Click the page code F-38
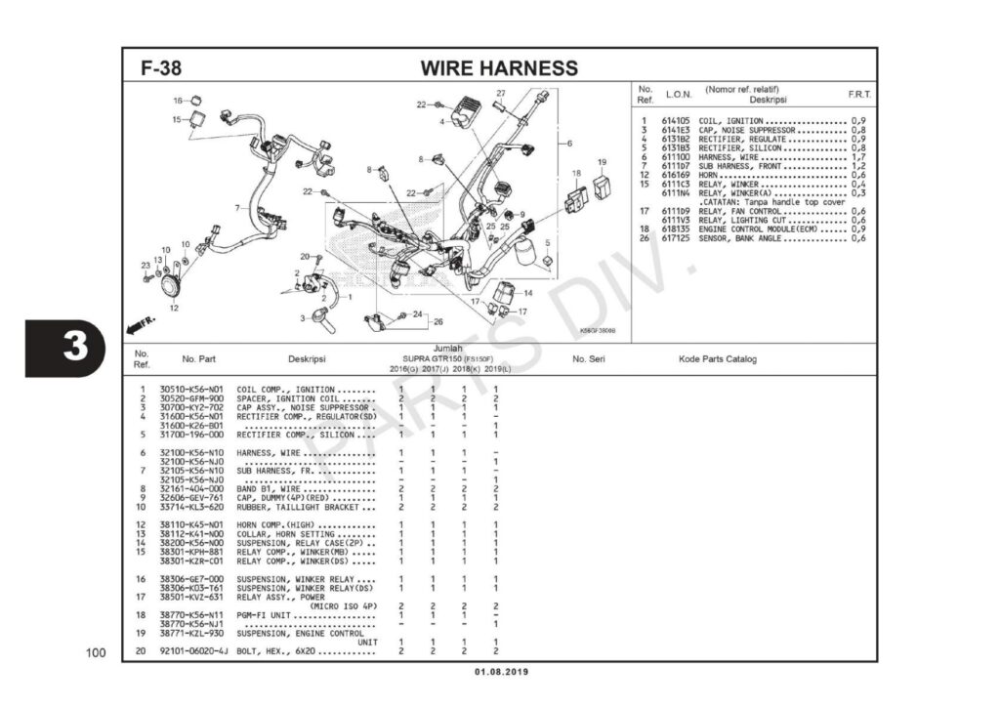[x=161, y=68]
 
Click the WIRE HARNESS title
[x=499, y=68]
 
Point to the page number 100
[x=95, y=651]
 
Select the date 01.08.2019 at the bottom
[x=501, y=672]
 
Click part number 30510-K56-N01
[x=191, y=389]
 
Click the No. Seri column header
[x=591, y=359]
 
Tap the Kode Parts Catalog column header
[x=717, y=359]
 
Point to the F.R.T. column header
[x=859, y=95]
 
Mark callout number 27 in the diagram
[x=500, y=94]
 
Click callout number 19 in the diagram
[x=603, y=162]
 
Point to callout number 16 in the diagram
[x=179, y=101]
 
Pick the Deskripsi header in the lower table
[x=307, y=359]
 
